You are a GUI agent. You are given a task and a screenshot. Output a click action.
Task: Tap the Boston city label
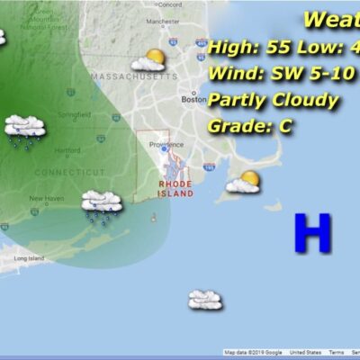click(x=193, y=99)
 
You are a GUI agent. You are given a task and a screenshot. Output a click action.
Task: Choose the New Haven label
click(x=45, y=198)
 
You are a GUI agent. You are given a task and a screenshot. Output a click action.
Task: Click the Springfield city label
click(x=72, y=115)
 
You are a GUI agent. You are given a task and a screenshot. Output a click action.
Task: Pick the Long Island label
click(x=28, y=258)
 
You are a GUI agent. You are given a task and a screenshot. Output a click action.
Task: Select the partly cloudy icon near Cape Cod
click(x=243, y=183)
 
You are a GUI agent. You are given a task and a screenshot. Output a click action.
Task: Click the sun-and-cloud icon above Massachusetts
click(x=148, y=60)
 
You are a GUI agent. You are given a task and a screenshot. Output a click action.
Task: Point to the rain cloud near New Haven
click(x=101, y=204)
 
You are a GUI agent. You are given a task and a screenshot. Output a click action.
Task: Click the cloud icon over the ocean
click(x=205, y=299)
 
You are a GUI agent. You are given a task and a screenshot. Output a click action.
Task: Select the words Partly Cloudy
click(x=273, y=100)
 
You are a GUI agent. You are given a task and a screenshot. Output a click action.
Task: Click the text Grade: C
click(x=250, y=126)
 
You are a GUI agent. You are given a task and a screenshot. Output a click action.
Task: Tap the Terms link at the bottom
click(x=336, y=352)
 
